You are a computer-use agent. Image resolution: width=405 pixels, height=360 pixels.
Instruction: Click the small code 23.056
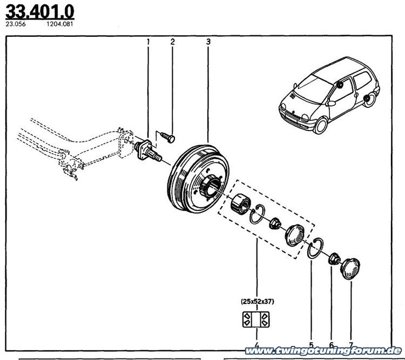pyautogui.click(x=14, y=24)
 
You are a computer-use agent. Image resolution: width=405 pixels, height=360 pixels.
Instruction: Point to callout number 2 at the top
pyautogui.click(x=173, y=42)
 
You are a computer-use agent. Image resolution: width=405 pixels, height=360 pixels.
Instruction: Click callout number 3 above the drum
pyautogui.click(x=208, y=42)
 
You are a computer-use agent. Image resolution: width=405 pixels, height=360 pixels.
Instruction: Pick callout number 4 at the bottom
pyautogui.click(x=256, y=345)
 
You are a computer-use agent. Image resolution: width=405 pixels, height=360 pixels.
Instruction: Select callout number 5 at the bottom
pyautogui.click(x=310, y=345)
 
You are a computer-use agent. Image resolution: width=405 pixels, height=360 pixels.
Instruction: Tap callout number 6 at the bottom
pyautogui.click(x=331, y=345)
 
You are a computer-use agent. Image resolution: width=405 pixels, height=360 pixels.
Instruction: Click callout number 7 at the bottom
pyautogui.click(x=350, y=345)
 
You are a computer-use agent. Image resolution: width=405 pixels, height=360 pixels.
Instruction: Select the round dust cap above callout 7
pyautogui.click(x=350, y=268)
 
